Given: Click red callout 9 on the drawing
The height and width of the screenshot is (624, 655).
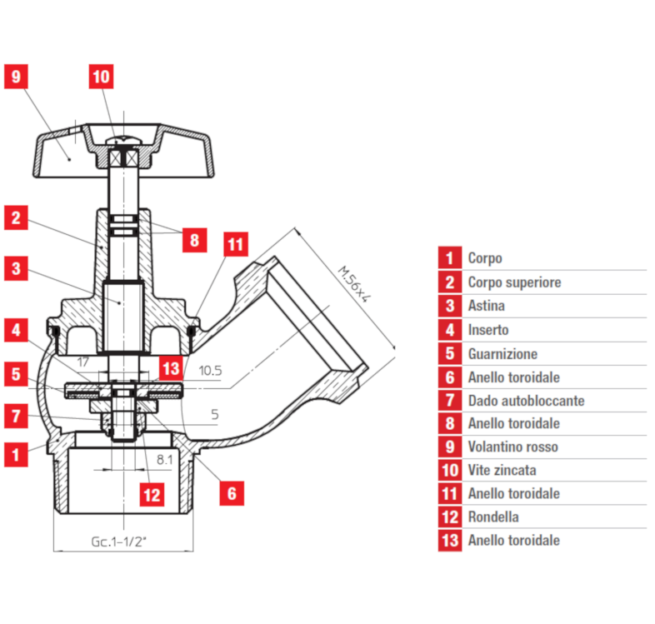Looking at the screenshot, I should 16,77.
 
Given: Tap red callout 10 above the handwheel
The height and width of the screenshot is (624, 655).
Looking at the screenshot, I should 101,77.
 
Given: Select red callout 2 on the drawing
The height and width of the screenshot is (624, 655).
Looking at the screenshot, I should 16,218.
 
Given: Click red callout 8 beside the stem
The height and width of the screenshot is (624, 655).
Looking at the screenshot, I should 193,241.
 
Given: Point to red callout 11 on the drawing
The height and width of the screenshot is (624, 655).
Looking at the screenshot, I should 236,245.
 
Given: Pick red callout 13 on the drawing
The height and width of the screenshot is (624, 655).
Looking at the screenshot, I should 170,368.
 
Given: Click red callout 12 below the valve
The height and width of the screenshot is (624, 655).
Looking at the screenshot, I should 151,495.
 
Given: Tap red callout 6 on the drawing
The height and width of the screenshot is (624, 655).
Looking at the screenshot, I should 232,493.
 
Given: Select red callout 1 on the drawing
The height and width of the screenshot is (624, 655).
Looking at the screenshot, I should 16,455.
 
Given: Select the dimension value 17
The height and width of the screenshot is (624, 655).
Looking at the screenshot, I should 82,362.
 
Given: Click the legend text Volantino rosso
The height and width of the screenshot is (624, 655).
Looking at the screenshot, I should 512,447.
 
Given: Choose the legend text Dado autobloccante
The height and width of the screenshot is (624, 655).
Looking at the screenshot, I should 526,401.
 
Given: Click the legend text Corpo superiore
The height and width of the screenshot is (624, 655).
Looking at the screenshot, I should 514,282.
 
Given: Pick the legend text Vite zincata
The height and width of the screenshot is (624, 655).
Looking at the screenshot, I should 502,471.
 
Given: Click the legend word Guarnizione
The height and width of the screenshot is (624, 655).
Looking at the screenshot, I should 502,353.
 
